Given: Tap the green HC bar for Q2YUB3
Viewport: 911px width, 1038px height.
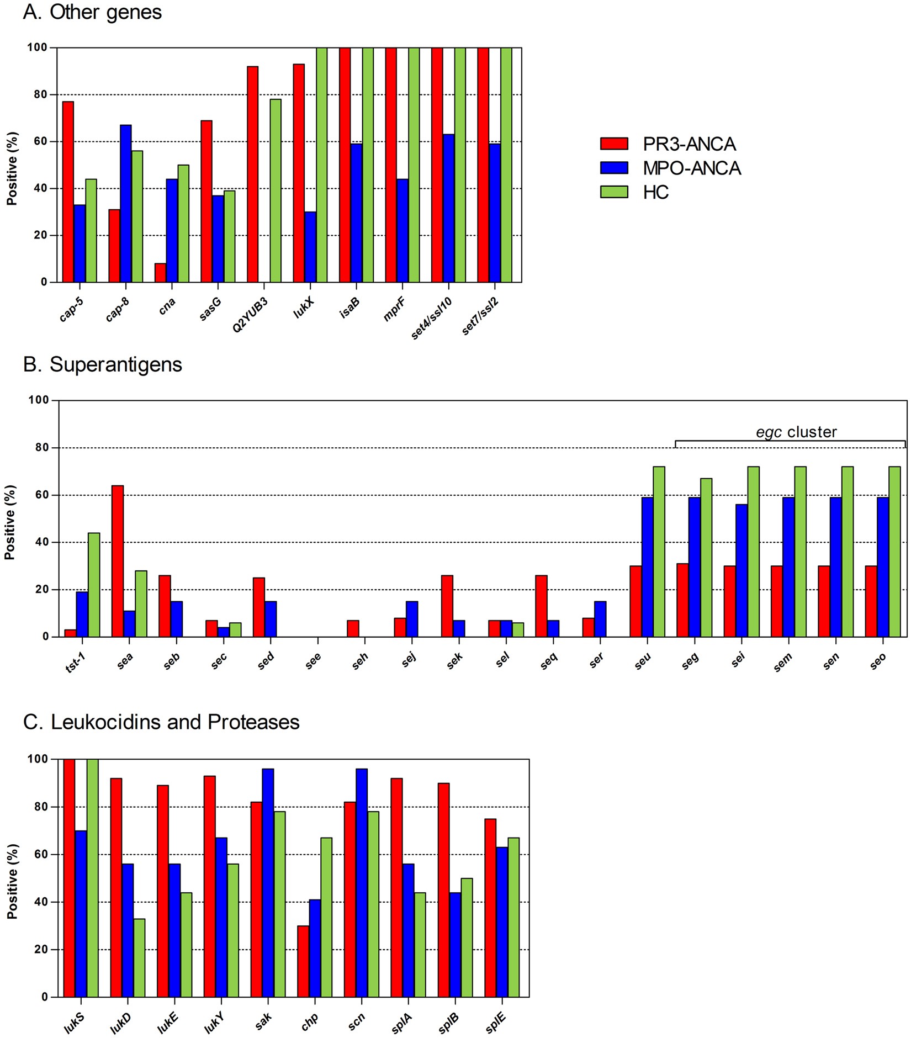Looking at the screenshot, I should click(x=275, y=190).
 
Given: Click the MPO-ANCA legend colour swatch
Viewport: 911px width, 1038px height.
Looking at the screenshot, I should click(x=614, y=168).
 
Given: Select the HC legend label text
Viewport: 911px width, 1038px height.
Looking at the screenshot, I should click(x=655, y=192).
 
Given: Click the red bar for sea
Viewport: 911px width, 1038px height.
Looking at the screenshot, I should click(x=117, y=561).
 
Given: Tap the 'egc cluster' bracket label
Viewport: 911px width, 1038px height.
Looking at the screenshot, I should click(x=796, y=432).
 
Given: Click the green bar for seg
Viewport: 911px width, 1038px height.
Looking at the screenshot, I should click(x=706, y=558).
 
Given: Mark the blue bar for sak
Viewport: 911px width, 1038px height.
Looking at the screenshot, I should click(x=268, y=883).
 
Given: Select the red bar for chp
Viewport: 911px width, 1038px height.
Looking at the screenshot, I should click(x=303, y=961).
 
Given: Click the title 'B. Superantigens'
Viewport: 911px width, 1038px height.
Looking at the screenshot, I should click(x=102, y=364).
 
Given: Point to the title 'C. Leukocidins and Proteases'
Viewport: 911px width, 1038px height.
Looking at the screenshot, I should click(x=161, y=722).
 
